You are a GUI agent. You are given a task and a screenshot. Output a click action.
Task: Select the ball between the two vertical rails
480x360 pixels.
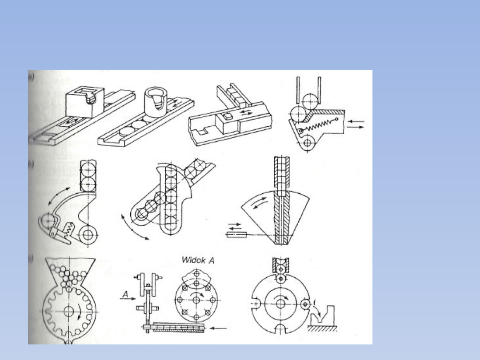coord(308,100)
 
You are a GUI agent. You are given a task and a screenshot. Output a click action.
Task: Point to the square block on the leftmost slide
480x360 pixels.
coord(84,102)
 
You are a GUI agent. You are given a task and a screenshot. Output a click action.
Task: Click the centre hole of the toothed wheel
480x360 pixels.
coord(68,311)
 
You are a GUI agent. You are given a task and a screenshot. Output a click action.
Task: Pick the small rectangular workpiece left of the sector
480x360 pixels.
coord(236,234)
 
